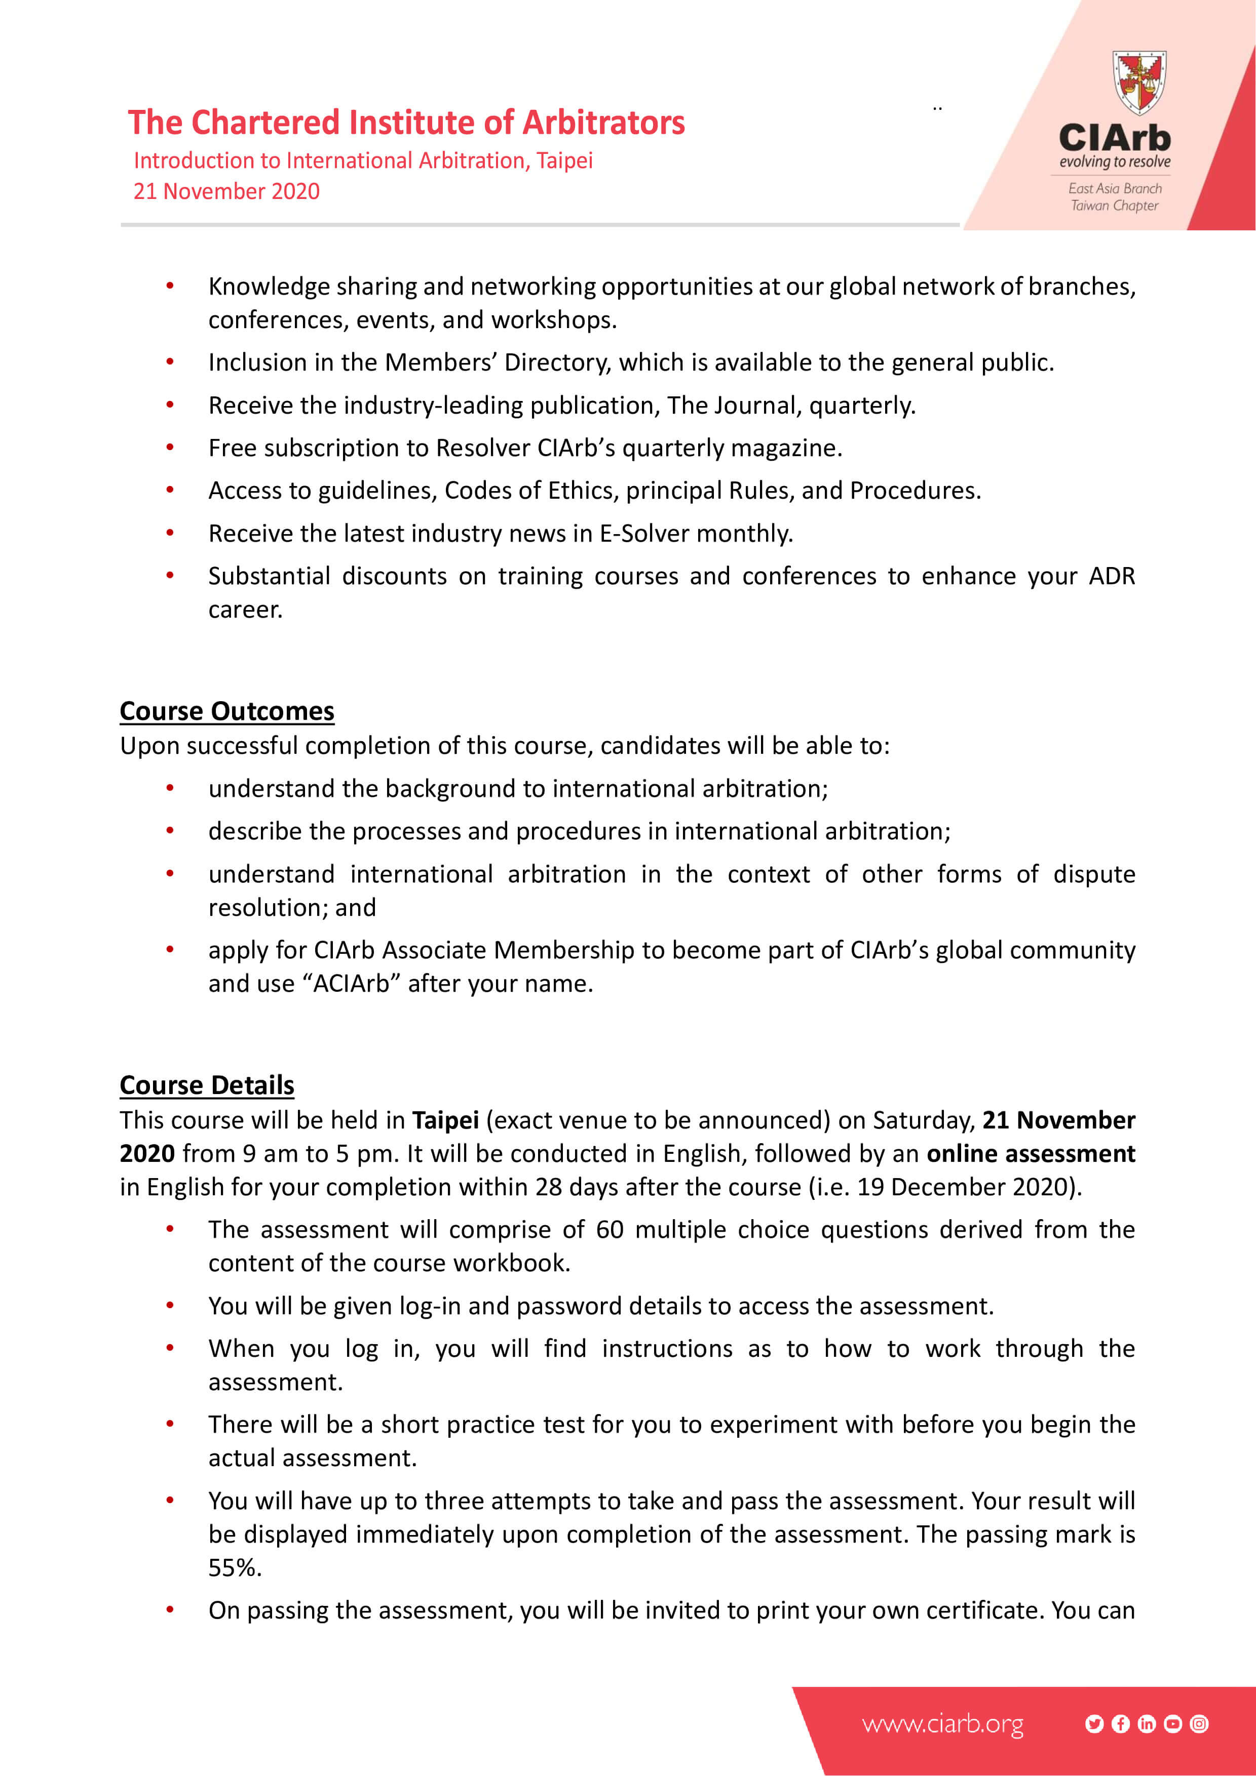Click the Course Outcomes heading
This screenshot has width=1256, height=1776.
coord(227,711)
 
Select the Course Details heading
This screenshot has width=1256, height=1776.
coord(207,1085)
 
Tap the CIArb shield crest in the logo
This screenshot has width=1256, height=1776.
coord(1139,82)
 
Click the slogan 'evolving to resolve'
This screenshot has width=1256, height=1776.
coord(1114,162)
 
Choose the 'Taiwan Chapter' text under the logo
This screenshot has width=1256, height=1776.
coord(1114,206)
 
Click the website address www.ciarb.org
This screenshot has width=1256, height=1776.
coord(942,1723)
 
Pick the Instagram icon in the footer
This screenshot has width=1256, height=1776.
coord(1199,1723)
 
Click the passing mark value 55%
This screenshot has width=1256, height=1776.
coord(235,1568)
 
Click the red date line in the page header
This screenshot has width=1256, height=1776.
coord(227,191)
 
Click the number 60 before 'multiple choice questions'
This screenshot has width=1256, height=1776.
coord(610,1230)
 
